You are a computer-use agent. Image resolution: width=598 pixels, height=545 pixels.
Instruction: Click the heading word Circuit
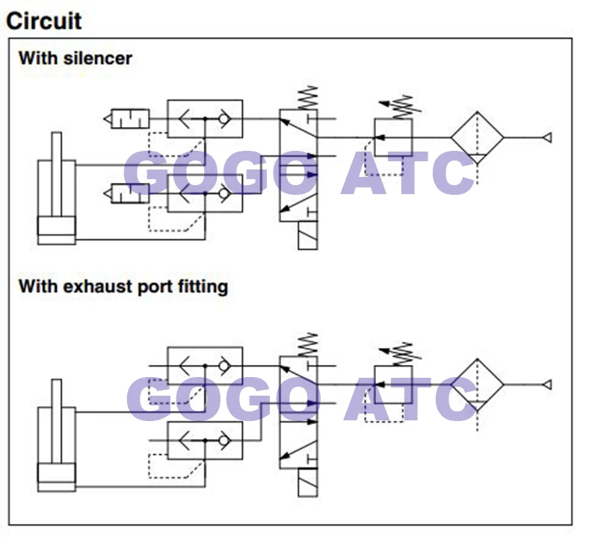[43, 21]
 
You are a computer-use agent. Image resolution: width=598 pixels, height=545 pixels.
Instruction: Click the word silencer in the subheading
[98, 58]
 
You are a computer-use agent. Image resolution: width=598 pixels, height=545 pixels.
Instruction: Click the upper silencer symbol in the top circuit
[126, 119]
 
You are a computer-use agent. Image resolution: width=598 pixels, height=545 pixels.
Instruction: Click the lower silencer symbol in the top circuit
[126, 193]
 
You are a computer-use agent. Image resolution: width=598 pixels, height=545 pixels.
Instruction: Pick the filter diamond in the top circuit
[477, 137]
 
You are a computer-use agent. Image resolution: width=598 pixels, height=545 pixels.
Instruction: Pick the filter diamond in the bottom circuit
[477, 384]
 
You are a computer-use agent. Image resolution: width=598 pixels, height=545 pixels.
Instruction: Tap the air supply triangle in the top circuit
[547, 137]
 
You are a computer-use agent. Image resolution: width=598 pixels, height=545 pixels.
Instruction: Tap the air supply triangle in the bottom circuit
[547, 384]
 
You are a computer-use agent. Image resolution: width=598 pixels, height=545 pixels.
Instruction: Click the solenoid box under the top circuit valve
[307, 235]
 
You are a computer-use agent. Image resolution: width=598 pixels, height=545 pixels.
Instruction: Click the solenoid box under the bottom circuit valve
[307, 482]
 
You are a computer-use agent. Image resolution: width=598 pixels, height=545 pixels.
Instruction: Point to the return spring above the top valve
[309, 98]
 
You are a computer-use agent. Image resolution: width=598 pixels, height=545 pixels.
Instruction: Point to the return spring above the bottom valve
[309, 345]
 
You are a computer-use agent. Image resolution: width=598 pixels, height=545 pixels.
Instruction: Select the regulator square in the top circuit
[393, 137]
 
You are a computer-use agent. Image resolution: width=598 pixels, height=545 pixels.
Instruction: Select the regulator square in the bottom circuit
[393, 384]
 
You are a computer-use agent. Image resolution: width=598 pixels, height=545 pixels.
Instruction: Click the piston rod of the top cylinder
[57, 175]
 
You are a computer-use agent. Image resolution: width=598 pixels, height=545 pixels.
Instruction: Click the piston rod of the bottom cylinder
[57, 421]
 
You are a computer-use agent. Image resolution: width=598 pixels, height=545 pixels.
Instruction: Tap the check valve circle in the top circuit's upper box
[224, 119]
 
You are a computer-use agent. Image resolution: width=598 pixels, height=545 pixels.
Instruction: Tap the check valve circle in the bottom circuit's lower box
[224, 440]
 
